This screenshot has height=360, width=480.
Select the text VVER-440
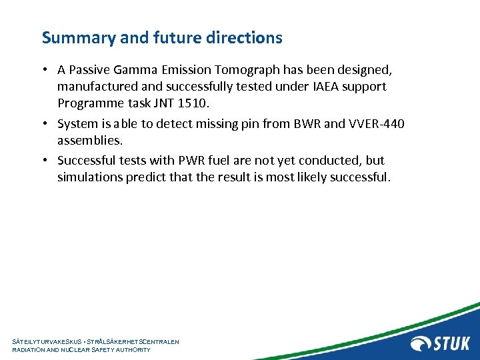(x=376, y=124)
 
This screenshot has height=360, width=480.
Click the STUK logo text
(x=452, y=343)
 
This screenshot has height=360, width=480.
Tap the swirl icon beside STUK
(x=422, y=343)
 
